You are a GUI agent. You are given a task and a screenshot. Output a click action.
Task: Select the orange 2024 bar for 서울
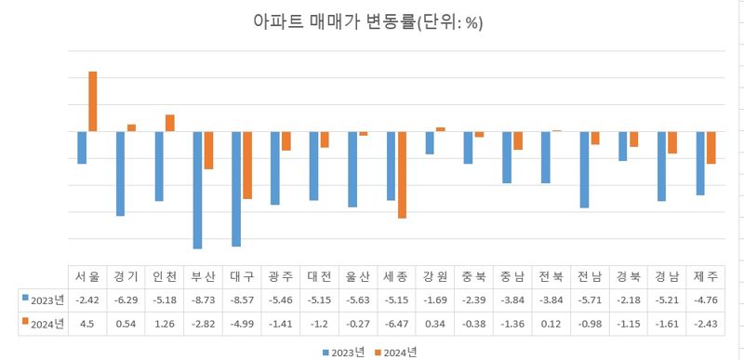[93, 101]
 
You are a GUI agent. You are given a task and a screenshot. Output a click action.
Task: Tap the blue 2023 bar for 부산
[198, 190]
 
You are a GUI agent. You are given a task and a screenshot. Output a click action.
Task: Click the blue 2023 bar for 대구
[236, 189]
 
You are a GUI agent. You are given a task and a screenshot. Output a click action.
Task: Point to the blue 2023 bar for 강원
[429, 142]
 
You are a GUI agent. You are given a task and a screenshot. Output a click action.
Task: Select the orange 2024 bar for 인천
[170, 123]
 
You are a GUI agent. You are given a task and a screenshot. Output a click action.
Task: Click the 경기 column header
[126, 276]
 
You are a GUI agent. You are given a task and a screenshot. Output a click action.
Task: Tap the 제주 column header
[705, 276]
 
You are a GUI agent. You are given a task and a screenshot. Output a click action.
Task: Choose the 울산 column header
[357, 276]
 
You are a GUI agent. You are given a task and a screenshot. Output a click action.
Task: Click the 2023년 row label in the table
[43, 300]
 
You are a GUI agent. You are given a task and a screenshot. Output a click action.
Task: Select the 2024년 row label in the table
[43, 324]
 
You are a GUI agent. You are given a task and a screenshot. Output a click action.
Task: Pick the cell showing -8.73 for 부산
[203, 300]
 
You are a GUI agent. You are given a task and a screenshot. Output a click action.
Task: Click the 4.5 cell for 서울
[87, 324]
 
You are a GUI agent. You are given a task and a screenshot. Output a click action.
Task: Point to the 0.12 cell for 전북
[551, 324]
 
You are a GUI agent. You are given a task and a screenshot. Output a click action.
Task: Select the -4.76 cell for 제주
[705, 300]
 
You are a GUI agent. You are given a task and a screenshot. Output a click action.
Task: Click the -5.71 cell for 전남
[589, 300]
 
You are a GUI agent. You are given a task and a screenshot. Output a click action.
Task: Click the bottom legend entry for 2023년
[344, 351]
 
